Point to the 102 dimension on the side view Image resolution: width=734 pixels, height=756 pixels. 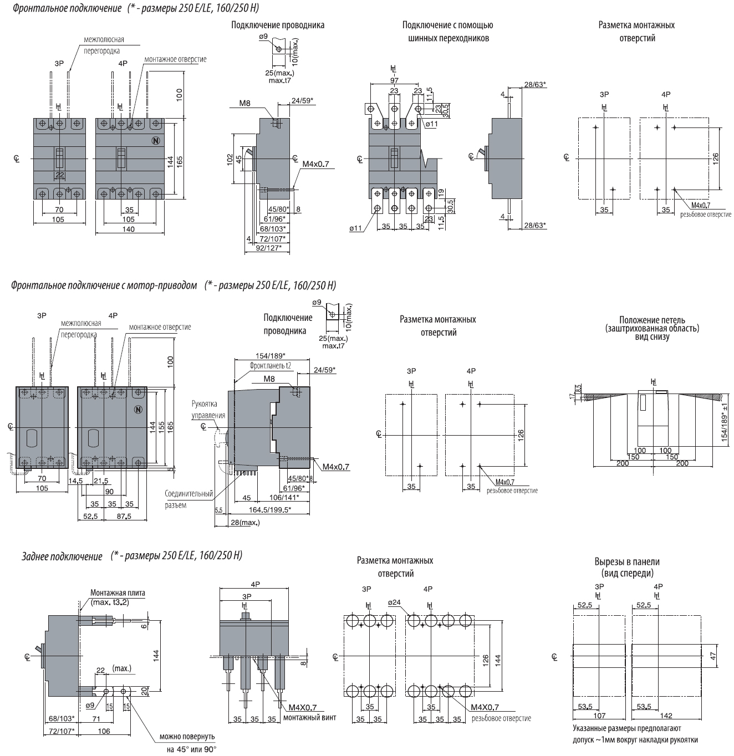point(230,160)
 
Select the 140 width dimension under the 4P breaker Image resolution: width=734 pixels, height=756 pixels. point(129,229)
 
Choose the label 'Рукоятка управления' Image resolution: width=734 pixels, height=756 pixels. point(208,410)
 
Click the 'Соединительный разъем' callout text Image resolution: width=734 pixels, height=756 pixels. point(188,499)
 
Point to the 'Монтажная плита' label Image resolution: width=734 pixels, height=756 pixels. point(118,592)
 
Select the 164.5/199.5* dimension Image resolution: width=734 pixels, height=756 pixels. point(271,509)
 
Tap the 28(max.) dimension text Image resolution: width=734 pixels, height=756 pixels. point(245,523)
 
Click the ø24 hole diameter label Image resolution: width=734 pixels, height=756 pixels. point(394,602)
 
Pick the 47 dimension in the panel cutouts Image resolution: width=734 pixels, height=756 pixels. point(713,655)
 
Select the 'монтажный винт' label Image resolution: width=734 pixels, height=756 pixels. point(309,718)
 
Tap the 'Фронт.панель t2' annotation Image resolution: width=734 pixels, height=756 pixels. point(271,365)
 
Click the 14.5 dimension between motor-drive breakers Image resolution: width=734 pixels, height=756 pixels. point(76,481)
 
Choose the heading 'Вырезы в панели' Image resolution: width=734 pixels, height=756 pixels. point(627,561)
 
